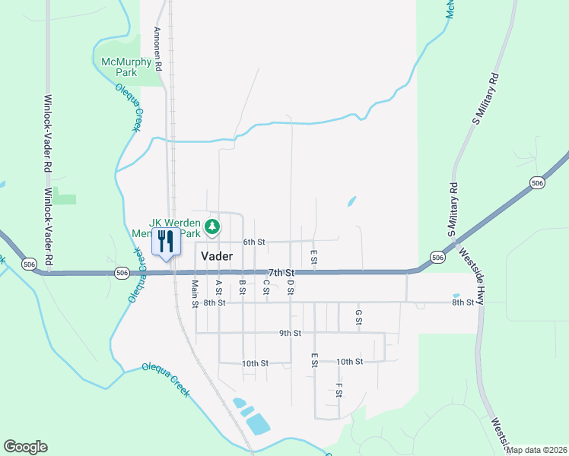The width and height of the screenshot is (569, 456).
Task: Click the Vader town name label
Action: point(217,257)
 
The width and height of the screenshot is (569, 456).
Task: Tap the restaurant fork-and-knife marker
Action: point(166,242)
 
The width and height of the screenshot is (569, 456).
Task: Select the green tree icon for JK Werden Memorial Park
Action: point(214,226)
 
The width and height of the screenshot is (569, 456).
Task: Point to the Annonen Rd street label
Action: point(157,49)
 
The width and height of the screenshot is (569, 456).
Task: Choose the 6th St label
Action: point(253,242)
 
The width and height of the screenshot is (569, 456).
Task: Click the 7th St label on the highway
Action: point(281,272)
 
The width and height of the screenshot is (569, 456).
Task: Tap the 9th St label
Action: point(290,333)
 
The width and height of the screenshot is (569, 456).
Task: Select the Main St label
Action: point(195,293)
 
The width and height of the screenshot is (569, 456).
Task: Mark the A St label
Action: point(218,288)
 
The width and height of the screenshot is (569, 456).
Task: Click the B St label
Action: point(242,288)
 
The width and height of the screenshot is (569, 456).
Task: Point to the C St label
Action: point(266,288)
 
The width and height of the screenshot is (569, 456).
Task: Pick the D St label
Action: point(291,288)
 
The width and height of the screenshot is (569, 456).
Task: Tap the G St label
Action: point(358,317)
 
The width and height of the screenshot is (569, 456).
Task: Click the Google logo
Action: point(25,447)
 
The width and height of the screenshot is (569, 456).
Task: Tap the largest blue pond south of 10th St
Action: point(258,423)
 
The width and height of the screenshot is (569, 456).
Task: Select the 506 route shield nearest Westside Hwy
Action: point(437,258)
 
